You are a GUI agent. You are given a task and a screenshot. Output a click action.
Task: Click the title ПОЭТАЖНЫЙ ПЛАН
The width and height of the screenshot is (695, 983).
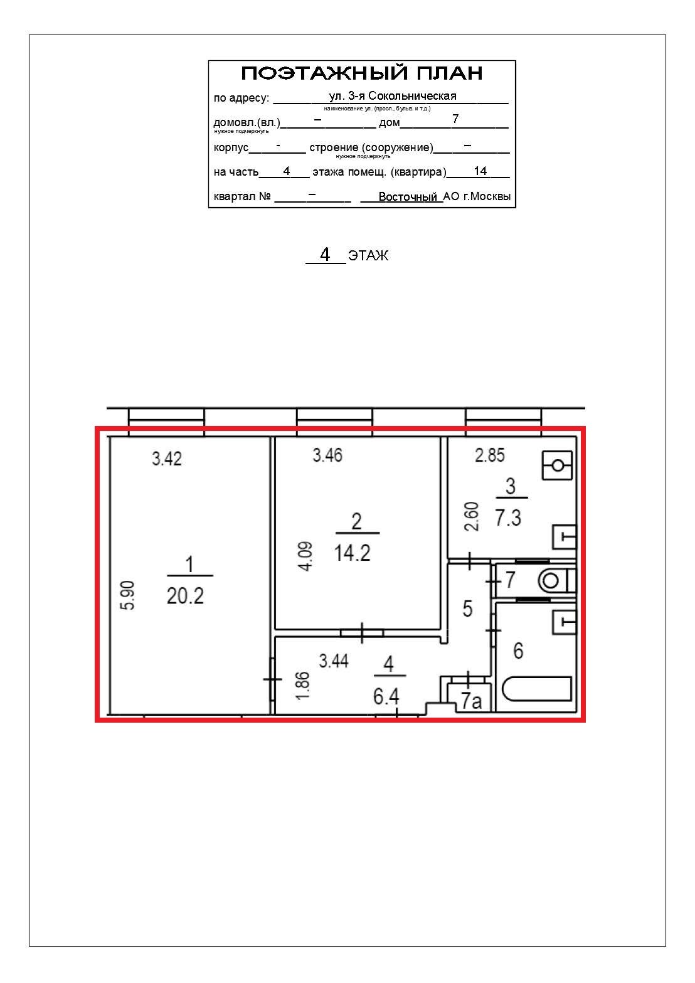pyautogui.click(x=362, y=73)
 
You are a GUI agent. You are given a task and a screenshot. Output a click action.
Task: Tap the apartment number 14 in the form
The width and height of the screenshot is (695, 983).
pyautogui.click(x=480, y=171)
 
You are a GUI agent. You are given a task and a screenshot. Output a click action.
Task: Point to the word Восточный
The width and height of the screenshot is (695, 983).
pyautogui.click(x=408, y=196)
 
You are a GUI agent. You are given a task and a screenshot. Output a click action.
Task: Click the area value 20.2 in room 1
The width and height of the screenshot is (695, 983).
pyautogui.click(x=185, y=596)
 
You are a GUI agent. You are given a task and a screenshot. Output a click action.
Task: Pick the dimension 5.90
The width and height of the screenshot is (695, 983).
pyautogui.click(x=128, y=595)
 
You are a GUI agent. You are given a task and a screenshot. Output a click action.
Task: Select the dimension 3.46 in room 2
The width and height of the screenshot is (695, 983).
pyautogui.click(x=327, y=455)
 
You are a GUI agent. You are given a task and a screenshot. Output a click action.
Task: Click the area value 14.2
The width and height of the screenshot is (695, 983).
pyautogui.click(x=353, y=553)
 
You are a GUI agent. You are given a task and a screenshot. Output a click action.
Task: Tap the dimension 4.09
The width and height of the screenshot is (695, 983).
pyautogui.click(x=305, y=556)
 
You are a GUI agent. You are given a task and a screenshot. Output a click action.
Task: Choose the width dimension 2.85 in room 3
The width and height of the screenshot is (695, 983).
pyautogui.click(x=490, y=455)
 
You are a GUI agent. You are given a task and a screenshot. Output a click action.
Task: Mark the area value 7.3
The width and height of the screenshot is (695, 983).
pyautogui.click(x=508, y=518)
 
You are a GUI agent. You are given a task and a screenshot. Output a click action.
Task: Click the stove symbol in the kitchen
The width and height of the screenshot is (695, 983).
pyautogui.click(x=557, y=465)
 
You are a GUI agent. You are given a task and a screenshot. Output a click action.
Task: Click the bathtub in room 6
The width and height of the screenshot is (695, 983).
pyautogui.click(x=536, y=689)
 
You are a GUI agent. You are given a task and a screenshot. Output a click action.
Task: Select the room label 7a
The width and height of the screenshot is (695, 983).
pyautogui.click(x=471, y=701)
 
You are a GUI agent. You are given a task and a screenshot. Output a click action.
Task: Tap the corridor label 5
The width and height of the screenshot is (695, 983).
pyautogui.click(x=468, y=608)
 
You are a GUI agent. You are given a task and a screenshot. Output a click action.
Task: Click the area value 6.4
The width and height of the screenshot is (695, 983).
pyautogui.click(x=386, y=696)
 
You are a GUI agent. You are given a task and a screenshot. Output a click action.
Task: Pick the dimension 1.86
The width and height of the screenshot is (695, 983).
pyautogui.click(x=303, y=686)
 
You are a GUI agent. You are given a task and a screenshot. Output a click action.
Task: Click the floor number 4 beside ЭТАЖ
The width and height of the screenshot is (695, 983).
pyautogui.click(x=325, y=254)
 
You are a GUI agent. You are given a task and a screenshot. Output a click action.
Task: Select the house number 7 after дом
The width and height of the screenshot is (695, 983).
pyautogui.click(x=455, y=119)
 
